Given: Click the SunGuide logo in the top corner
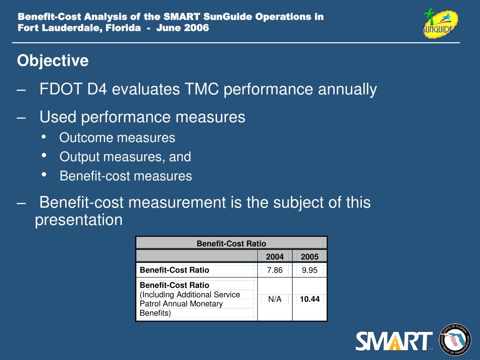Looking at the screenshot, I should point(439,23).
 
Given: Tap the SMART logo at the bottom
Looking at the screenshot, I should point(394,341).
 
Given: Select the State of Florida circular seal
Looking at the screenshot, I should point(455,340).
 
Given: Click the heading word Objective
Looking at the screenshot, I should point(52,61).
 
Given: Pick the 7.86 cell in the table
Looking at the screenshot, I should point(275,270).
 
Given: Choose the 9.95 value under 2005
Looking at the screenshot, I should point(309,270).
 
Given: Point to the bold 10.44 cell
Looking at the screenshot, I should point(309,299).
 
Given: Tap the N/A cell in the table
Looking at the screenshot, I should point(275,299).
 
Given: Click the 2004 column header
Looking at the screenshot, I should point(275,256).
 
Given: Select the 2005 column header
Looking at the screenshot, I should point(309,256).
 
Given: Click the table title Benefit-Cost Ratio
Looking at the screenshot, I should point(231,243).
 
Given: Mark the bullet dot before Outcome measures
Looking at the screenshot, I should point(44,136).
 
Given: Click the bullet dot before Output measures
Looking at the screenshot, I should point(44,156).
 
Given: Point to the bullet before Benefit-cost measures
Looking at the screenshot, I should point(44,175).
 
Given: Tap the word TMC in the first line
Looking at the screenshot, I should point(202,89).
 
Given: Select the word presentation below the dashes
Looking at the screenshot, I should point(79,220).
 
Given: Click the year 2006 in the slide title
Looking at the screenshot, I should point(196,28).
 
